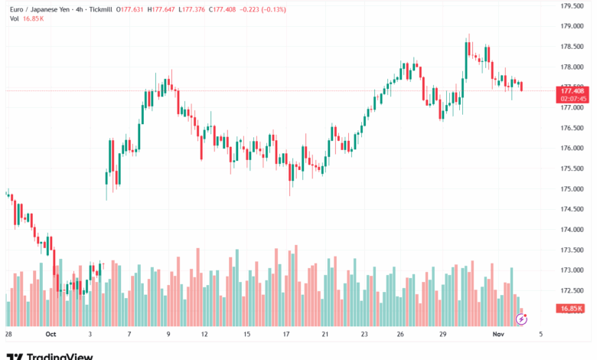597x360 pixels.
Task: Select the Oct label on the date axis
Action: click(x=51, y=334)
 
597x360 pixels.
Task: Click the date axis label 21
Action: click(x=325, y=334)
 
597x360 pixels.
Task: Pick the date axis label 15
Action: click(x=246, y=334)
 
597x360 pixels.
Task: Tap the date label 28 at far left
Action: click(x=8, y=334)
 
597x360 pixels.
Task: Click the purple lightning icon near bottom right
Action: click(x=521, y=318)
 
